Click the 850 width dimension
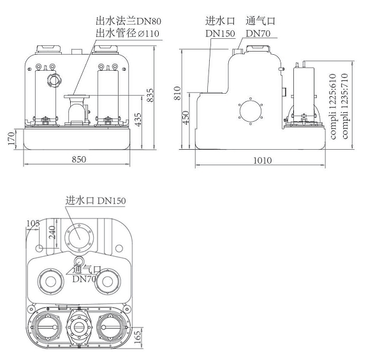[x=78, y=159]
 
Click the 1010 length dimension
[x=263, y=161]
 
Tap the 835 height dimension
[x=150, y=96]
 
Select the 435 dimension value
[x=138, y=120]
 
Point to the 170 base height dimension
[x=11, y=139]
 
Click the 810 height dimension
[x=177, y=93]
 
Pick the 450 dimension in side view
[x=186, y=117]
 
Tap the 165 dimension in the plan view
[x=138, y=336]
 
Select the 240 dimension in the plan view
[x=52, y=232]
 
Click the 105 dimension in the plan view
[x=33, y=224]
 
